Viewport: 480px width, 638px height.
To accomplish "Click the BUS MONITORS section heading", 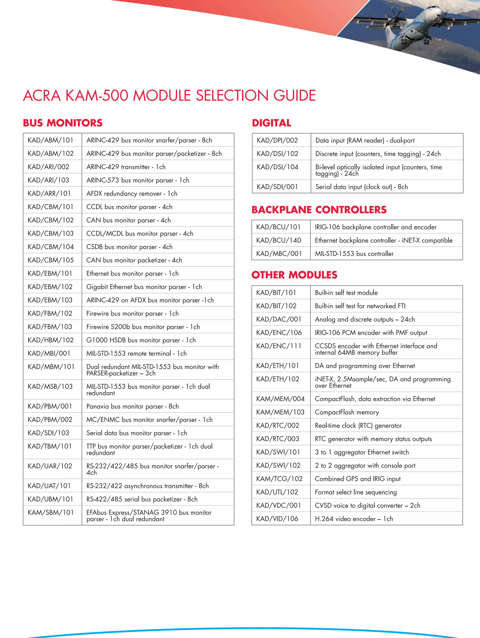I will (x=63, y=123).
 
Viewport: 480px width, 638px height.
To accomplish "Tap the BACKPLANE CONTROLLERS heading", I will (x=319, y=210).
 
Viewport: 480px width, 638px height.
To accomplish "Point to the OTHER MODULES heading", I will (x=294, y=275).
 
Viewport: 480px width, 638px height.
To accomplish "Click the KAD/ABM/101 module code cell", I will (x=50, y=140).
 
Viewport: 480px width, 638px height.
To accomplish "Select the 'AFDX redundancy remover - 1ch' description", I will (x=132, y=193).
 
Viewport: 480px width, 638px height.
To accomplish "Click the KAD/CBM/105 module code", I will (x=50, y=260).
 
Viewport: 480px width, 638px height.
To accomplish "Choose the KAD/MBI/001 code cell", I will (x=49, y=354).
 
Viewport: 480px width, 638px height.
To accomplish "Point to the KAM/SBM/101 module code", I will (x=50, y=513).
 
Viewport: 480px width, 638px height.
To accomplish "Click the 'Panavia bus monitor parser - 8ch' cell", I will (x=132, y=406).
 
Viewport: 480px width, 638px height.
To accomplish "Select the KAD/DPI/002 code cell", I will (x=277, y=140).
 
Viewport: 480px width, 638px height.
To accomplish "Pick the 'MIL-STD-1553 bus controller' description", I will (x=354, y=254).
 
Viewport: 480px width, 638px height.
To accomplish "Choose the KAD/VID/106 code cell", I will (x=277, y=519).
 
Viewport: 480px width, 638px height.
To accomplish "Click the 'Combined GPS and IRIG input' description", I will (x=357, y=479).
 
